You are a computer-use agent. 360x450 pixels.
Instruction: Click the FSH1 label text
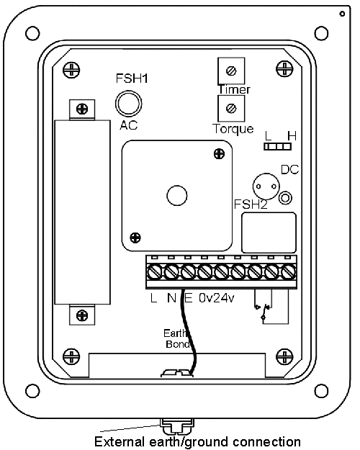pyautogui.click(x=132, y=78)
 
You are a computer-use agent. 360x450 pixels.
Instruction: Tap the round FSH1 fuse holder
pyautogui.click(x=129, y=104)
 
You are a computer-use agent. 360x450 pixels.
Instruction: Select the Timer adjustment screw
pyautogui.click(x=231, y=71)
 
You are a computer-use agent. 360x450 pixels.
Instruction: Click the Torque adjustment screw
pyautogui.click(x=231, y=109)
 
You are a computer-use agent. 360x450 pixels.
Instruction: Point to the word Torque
pyautogui.click(x=233, y=129)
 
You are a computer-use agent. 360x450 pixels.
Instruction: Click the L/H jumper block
pyautogui.click(x=278, y=147)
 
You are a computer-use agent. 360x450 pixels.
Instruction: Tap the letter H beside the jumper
pyautogui.click(x=292, y=136)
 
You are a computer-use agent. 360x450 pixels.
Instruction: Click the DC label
pyautogui.click(x=289, y=170)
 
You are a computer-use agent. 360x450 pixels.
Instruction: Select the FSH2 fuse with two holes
pyautogui.click(x=266, y=186)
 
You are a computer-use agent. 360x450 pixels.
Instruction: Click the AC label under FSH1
pyautogui.click(x=129, y=125)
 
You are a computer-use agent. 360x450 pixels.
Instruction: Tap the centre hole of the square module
pyautogui.click(x=177, y=195)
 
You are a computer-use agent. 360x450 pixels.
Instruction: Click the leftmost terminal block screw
pyautogui.click(x=155, y=271)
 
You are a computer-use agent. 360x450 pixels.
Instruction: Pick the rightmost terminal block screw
pyautogui.click(x=288, y=271)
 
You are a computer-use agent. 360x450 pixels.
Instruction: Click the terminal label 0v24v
pyautogui.click(x=217, y=298)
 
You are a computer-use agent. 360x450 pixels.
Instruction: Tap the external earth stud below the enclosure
pyautogui.click(x=177, y=427)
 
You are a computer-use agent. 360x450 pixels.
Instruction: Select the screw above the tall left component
pyautogui.click(x=82, y=109)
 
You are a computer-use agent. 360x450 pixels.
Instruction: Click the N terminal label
pyautogui.click(x=171, y=298)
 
